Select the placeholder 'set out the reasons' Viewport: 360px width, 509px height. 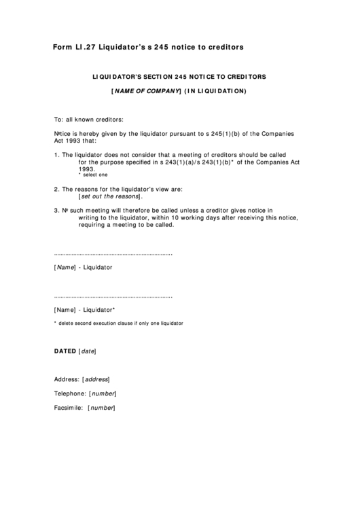pos(111,196)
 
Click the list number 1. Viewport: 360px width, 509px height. pos(56,155)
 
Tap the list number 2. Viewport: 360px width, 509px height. pos(56,188)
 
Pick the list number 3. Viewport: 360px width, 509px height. pos(56,211)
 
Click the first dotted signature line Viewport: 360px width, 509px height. pos(113,254)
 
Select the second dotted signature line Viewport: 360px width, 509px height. pos(113,297)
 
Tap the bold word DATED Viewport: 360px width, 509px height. pos(65,351)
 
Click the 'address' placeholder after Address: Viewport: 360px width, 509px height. pos(96,379)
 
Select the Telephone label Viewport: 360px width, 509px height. pos(70,393)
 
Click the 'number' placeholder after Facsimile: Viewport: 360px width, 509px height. pos(102,408)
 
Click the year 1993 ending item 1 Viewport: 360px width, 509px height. pos(86,169)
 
